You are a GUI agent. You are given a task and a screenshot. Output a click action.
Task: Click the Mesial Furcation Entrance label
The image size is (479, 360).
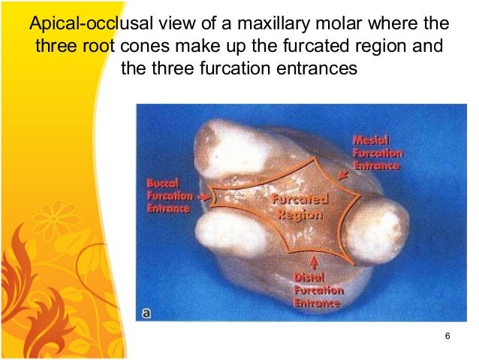click(377, 153)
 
